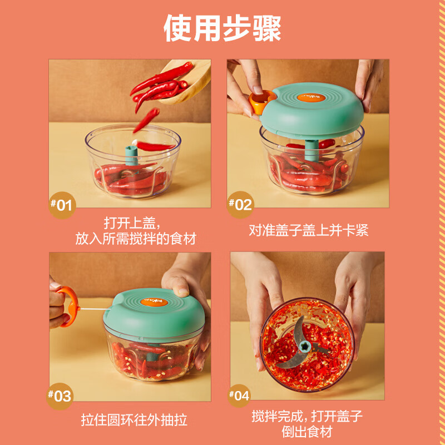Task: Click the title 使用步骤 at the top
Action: pyautogui.click(x=222, y=28)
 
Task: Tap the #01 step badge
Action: pyautogui.click(x=61, y=205)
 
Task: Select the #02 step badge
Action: pyautogui.click(x=240, y=204)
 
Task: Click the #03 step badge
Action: pyautogui.click(x=60, y=396)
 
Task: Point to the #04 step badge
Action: pyautogui.click(x=240, y=396)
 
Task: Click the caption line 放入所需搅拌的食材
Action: pyautogui.click(x=136, y=239)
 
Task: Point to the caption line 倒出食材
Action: pyautogui.click(x=308, y=432)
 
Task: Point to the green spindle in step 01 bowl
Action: pyautogui.click(x=131, y=154)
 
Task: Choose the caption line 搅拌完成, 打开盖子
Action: pyautogui.click(x=308, y=416)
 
